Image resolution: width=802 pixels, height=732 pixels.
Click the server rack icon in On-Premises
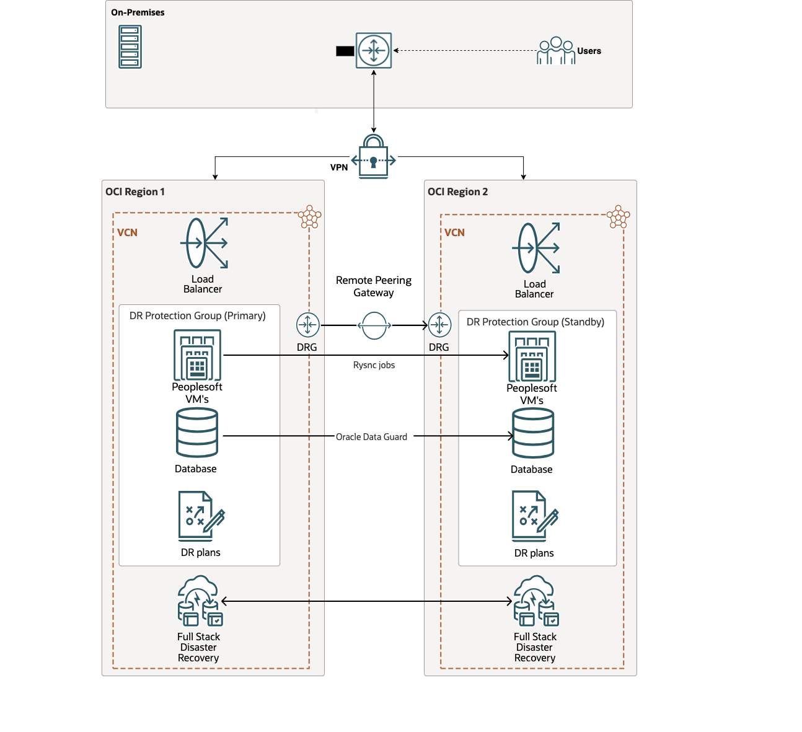pos(130,46)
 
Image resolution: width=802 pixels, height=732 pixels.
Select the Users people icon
pos(556,51)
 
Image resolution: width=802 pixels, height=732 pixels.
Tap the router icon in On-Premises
pos(374,50)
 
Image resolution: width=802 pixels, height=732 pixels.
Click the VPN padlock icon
pos(373,157)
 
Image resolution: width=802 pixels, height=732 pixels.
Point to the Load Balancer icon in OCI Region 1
pos(205,243)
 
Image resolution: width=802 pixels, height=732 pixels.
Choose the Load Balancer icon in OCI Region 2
pos(536,248)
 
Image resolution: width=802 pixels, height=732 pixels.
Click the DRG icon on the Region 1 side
pos(307,325)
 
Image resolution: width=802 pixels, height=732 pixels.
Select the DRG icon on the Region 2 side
pos(439,325)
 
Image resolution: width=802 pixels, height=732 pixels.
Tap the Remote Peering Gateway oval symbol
pos(374,325)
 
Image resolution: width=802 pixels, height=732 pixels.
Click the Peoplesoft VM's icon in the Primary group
pos(197,355)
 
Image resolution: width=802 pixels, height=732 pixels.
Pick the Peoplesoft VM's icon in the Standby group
pos(532,356)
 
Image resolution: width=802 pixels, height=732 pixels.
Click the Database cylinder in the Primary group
pos(197,433)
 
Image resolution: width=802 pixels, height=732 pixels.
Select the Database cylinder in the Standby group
pos(533,434)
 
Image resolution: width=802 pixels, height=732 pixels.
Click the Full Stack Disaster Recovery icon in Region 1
pos(200,601)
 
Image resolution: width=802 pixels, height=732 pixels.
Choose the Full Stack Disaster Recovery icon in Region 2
pos(536,601)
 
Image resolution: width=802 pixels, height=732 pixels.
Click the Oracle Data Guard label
pos(371,437)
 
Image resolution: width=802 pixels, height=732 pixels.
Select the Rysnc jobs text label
pos(374,365)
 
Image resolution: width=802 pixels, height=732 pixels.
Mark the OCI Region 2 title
pos(457,192)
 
